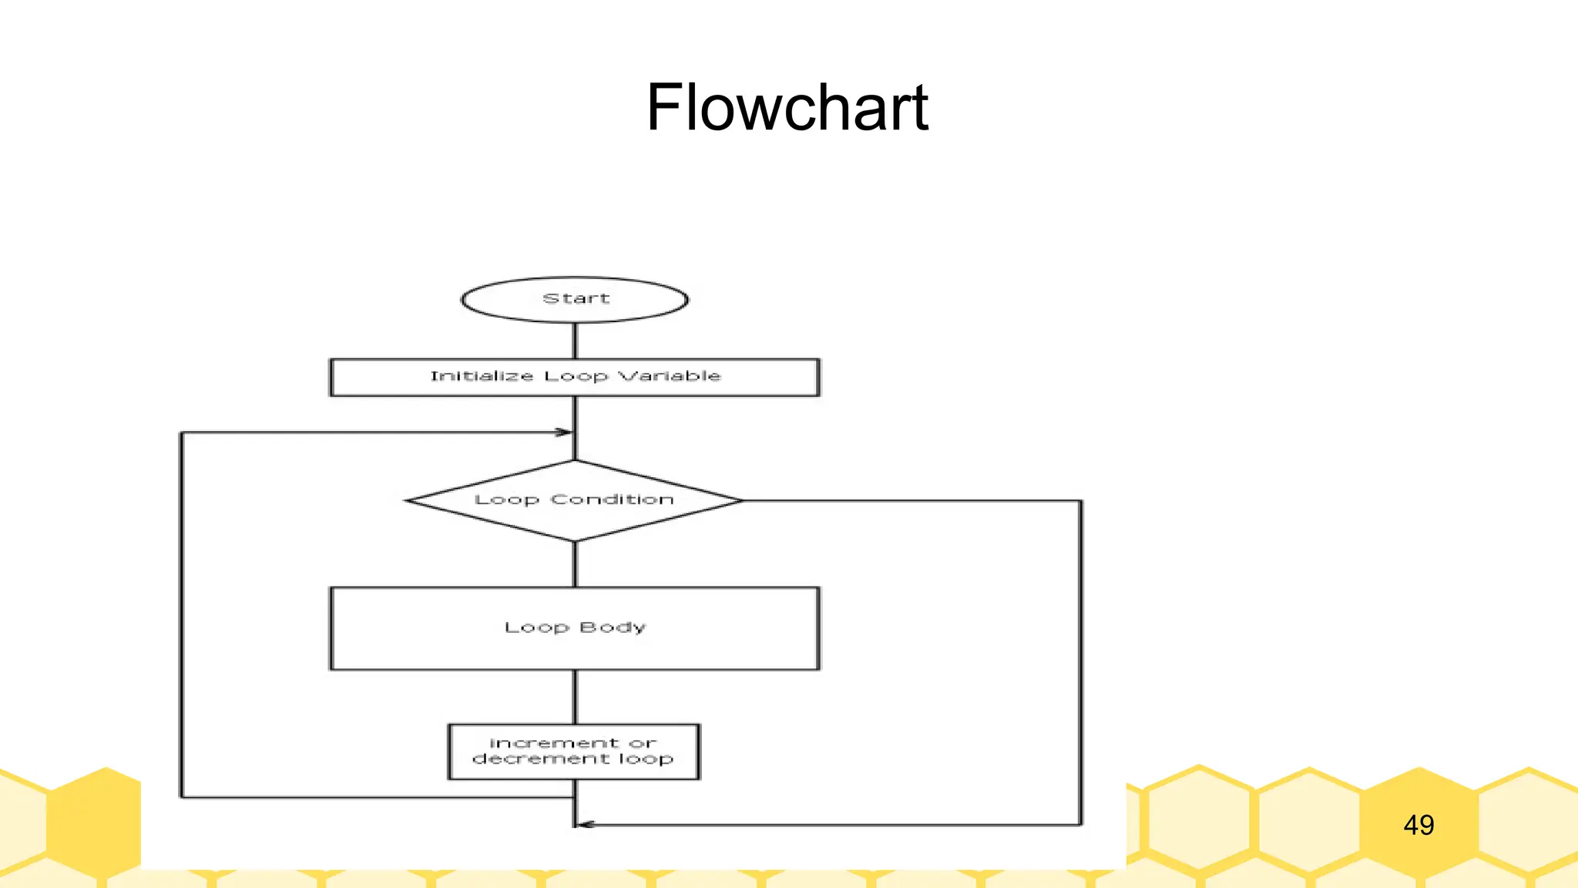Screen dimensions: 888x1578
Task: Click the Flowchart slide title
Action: click(787, 108)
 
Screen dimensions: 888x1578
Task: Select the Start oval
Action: click(575, 300)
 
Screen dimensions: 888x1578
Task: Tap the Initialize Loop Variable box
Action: click(575, 377)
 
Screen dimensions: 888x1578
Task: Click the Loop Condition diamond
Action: click(575, 500)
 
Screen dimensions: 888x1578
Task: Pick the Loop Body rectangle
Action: click(575, 628)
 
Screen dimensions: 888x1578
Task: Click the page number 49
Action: click(1419, 826)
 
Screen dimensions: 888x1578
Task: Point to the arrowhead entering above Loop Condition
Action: click(564, 432)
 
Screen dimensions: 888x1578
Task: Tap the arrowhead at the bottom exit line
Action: click(586, 825)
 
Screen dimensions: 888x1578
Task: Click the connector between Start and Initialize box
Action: click(575, 340)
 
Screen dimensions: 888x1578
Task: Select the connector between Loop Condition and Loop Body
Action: click(575, 564)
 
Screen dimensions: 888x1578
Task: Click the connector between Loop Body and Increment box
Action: click(575, 697)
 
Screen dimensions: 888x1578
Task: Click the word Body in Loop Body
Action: click(613, 627)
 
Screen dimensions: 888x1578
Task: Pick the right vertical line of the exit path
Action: click(1081, 663)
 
